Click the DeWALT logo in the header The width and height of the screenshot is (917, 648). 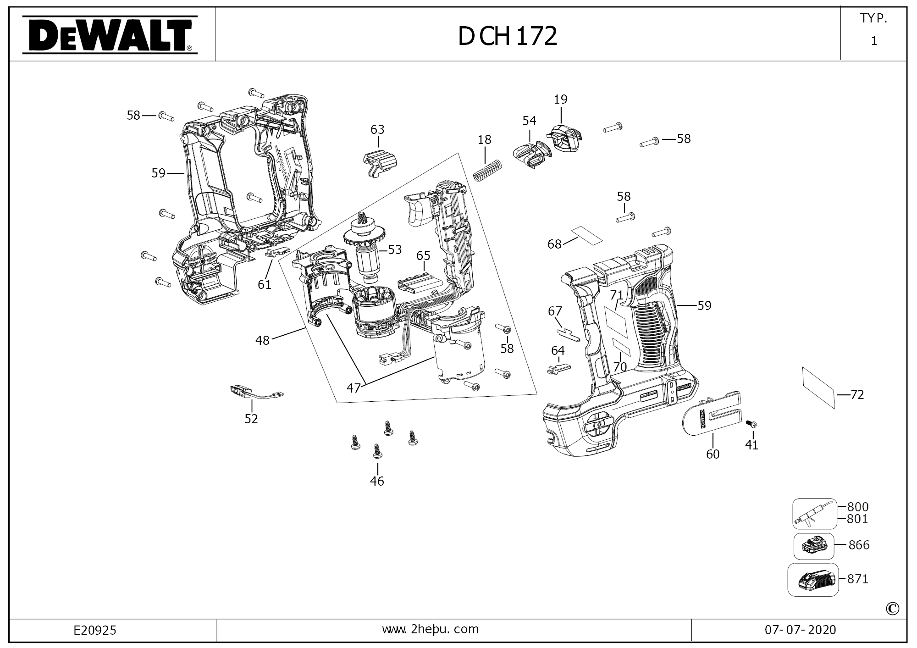(110, 35)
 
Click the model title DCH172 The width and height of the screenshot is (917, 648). (508, 36)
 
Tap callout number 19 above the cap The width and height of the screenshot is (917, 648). (560, 99)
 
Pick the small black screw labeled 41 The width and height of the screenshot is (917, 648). (751, 424)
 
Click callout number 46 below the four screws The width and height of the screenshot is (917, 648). (377, 481)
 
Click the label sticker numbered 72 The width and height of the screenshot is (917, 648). (818, 388)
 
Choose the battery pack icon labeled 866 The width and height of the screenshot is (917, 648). (814, 546)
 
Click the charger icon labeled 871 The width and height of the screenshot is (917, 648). (813, 580)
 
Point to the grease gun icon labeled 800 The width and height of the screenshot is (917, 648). (815, 514)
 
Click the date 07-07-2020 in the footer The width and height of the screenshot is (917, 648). (800, 630)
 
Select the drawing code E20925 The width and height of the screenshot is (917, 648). (95, 631)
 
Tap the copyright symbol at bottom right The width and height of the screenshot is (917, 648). (892, 609)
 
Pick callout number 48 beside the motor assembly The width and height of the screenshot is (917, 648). (262, 340)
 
